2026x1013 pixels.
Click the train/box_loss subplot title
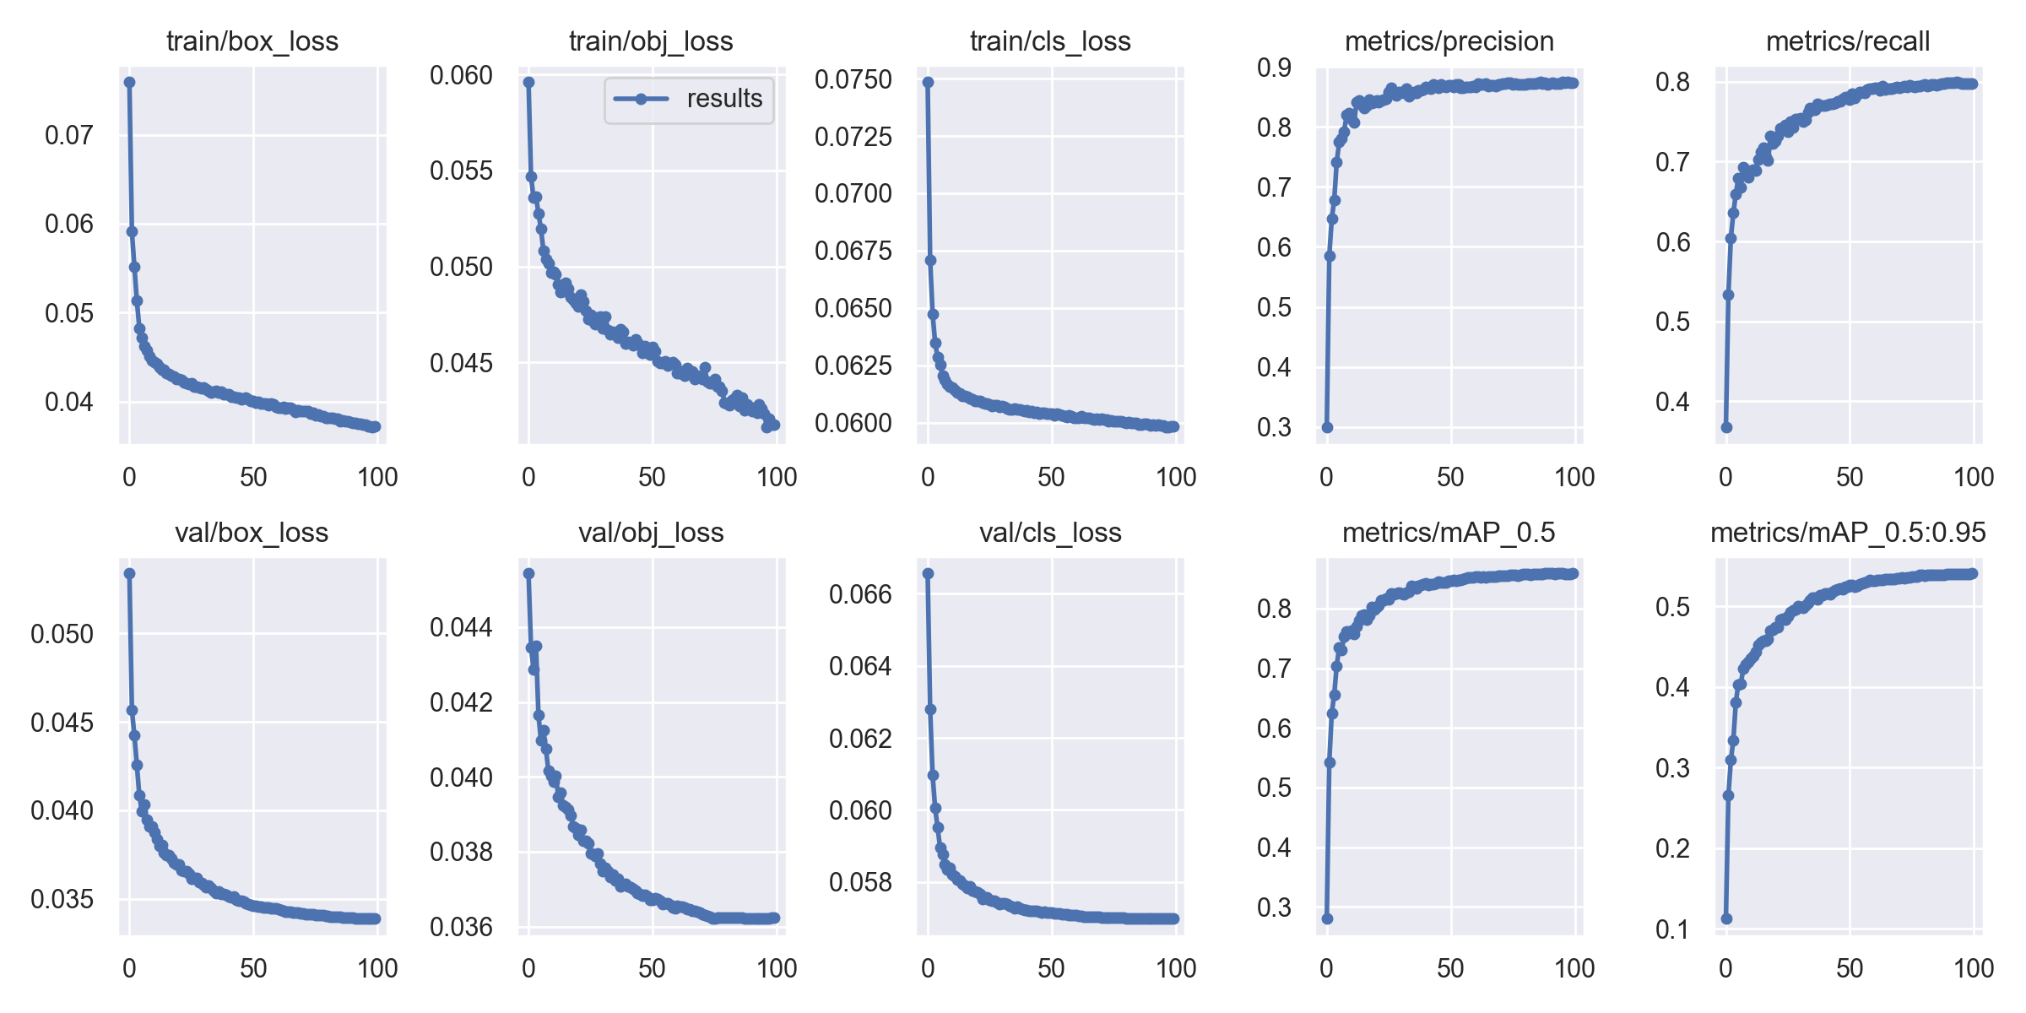[252, 41]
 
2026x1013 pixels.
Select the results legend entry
[689, 99]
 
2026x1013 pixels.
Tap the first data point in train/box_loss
[129, 82]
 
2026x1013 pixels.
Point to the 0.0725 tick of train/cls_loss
[853, 136]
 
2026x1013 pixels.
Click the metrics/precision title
[1449, 41]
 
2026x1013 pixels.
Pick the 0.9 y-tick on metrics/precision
[1274, 68]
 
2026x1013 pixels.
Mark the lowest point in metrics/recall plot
[1726, 427]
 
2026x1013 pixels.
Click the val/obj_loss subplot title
[651, 533]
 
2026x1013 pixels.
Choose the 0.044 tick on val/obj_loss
[461, 627]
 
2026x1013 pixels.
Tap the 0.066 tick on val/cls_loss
[860, 594]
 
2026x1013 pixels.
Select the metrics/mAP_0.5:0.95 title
[1848, 533]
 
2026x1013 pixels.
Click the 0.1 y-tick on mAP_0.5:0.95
[1672, 929]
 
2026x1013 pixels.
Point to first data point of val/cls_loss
[928, 573]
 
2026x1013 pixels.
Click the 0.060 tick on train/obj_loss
[461, 76]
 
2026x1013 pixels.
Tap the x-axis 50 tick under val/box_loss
[253, 968]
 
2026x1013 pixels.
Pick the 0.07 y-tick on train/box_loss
[69, 135]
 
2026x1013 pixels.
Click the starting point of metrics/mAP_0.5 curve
[1327, 918]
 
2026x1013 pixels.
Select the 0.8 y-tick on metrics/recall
[1672, 82]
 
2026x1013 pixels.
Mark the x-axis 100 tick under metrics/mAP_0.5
[1574, 968]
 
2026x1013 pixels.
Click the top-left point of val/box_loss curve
[129, 573]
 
